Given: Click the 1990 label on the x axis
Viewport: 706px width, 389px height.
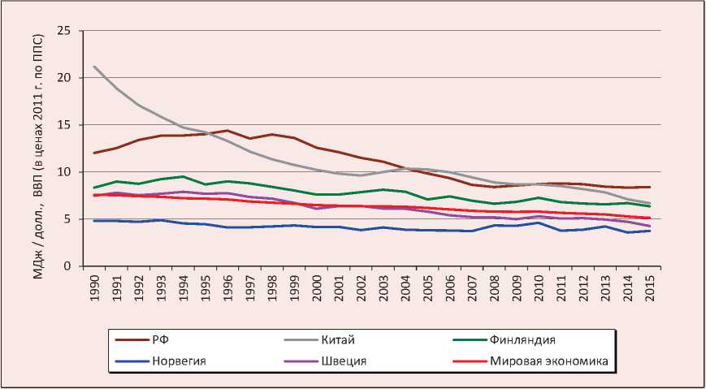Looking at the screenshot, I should point(96,287).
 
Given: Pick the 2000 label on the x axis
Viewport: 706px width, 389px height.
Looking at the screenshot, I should point(318,287).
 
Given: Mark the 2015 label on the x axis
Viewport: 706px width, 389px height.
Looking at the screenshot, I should point(650,287).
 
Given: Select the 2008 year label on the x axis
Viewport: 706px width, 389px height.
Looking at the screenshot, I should point(495,287).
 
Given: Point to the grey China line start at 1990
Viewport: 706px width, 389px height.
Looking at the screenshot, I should point(96,67).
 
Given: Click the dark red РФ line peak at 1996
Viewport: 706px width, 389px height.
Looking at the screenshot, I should point(229,131).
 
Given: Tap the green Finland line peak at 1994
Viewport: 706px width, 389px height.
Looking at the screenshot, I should point(184,176).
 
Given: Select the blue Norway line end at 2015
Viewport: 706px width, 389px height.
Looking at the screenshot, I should point(650,231).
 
